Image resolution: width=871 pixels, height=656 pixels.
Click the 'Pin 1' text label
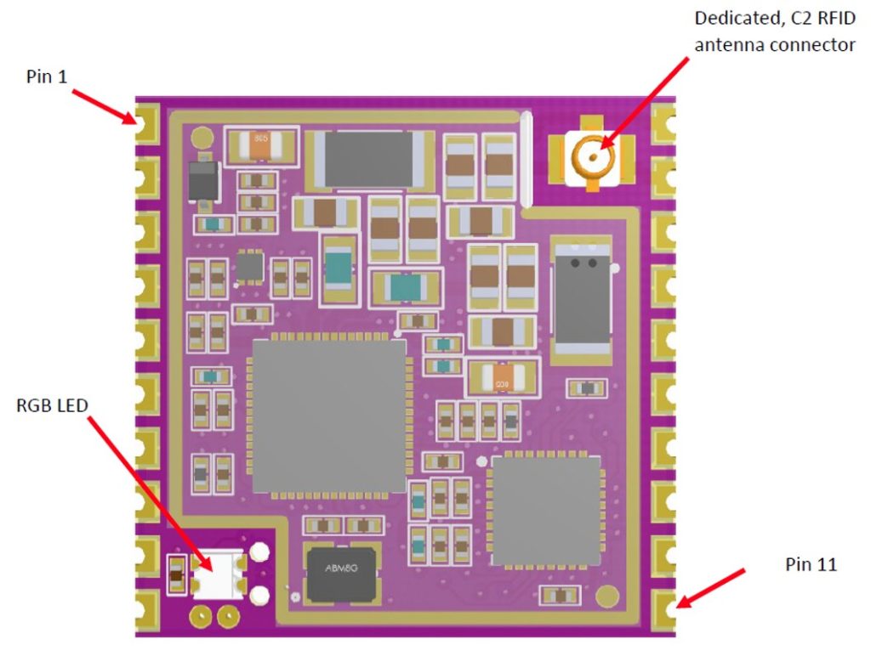click(x=47, y=76)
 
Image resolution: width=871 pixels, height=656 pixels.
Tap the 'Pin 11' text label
click(x=811, y=564)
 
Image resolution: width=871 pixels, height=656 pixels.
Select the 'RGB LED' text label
click(x=52, y=405)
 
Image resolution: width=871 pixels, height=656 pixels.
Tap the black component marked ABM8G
click(x=342, y=575)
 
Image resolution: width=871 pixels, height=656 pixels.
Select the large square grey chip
click(x=329, y=416)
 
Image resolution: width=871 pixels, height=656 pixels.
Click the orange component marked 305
click(x=261, y=145)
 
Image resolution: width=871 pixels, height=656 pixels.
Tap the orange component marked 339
click(x=502, y=377)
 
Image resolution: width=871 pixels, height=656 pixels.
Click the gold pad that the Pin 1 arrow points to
click(x=147, y=122)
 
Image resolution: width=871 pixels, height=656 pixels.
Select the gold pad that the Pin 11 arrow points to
click(x=663, y=611)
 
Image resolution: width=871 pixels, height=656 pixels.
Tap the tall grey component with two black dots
click(x=582, y=298)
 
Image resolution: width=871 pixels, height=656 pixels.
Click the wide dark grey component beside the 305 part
click(x=369, y=159)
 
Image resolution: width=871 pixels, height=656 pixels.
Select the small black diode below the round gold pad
click(x=202, y=181)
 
